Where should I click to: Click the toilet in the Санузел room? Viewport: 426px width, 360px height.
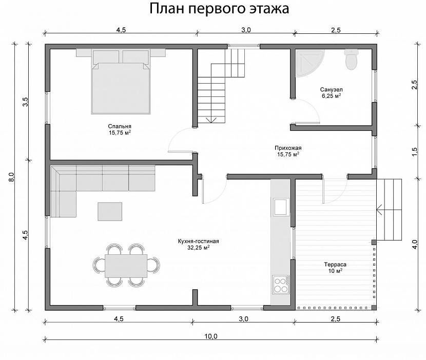pyautogui.click(x=352, y=59)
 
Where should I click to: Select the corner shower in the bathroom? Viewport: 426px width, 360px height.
pyautogui.click(x=308, y=62)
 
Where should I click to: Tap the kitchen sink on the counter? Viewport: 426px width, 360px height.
pyautogui.click(x=281, y=207)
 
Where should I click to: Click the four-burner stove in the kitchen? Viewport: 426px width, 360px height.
pyautogui.click(x=281, y=285)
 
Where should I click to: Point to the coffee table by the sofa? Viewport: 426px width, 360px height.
pyautogui.click(x=110, y=211)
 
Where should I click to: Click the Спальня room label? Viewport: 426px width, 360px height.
pyautogui.click(x=120, y=126)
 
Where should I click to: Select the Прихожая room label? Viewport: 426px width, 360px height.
pyautogui.click(x=288, y=148)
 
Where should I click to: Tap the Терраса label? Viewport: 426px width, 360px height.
pyautogui.click(x=335, y=265)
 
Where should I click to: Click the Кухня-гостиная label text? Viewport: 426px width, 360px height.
pyautogui.click(x=198, y=241)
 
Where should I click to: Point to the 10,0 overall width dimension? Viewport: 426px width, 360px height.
pyautogui.click(x=211, y=336)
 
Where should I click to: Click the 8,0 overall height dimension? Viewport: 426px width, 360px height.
pyautogui.click(x=11, y=177)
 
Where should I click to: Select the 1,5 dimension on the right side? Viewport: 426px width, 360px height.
pyautogui.click(x=414, y=152)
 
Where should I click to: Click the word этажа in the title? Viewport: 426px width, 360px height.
pyautogui.click(x=269, y=9)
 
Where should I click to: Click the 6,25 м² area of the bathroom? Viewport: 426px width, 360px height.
pyautogui.click(x=332, y=96)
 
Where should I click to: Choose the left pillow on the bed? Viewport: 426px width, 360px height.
pyautogui.click(x=106, y=56)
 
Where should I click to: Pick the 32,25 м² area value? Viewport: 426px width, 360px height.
pyautogui.click(x=198, y=248)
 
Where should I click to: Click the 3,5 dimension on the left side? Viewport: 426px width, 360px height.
pyautogui.click(x=25, y=102)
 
